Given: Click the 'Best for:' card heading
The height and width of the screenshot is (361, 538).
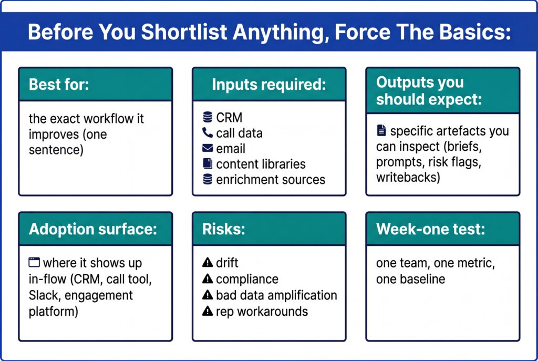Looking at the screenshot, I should (59, 85).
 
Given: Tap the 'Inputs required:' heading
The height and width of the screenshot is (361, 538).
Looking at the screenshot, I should (268, 85).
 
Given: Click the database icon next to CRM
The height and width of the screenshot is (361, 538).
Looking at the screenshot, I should (208, 118).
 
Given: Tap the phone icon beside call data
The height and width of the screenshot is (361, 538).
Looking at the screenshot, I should (208, 133).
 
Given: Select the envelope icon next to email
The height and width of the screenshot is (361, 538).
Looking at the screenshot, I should (208, 149).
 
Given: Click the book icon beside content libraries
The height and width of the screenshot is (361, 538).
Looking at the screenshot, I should (208, 164).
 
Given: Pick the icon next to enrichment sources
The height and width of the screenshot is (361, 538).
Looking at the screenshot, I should (208, 180).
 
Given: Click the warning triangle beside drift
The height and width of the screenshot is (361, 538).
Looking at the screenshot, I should (208, 263).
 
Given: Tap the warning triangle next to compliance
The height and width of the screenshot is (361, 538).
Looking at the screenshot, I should (208, 279).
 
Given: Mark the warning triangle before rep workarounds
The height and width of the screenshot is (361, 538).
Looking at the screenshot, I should (208, 312).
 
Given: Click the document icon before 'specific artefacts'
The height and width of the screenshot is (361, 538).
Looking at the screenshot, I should (381, 130).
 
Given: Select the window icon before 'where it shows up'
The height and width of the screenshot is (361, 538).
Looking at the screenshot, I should (34, 262).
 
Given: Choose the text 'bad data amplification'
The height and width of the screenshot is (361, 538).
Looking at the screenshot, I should (276, 295).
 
